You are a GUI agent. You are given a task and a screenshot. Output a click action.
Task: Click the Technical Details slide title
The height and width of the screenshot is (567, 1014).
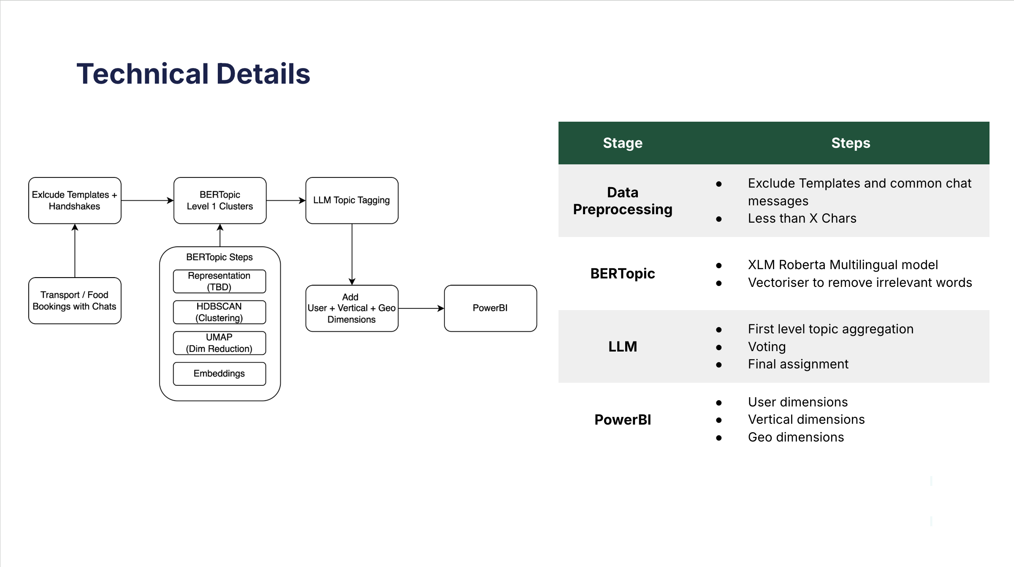(x=193, y=74)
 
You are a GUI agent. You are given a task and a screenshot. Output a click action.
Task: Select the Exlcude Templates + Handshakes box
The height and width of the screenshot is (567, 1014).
(x=75, y=200)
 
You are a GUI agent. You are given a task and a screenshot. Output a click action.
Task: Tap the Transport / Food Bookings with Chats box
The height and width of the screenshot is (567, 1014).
(x=75, y=300)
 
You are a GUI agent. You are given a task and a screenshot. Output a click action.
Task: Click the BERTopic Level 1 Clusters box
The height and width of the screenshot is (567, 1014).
(x=220, y=200)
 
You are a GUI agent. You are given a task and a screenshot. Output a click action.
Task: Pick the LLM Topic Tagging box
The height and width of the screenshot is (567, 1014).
(x=352, y=200)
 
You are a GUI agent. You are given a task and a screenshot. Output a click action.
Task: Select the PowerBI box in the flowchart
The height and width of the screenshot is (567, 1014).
(x=490, y=308)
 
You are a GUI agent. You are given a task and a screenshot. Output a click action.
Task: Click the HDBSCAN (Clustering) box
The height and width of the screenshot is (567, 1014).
(x=219, y=312)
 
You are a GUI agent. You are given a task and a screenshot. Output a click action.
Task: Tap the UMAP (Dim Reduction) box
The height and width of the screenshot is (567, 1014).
(x=219, y=343)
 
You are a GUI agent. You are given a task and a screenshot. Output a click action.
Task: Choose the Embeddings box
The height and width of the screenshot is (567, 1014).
(x=219, y=373)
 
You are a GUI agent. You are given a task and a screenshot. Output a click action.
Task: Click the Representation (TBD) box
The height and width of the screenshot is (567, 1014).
(x=219, y=281)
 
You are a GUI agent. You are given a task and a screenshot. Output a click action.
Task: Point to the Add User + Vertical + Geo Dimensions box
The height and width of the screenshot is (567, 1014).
(x=352, y=308)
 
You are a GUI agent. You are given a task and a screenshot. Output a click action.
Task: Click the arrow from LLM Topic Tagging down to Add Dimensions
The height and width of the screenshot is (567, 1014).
(x=352, y=254)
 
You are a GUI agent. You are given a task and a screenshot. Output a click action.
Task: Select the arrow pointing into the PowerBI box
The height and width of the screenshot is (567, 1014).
(x=421, y=308)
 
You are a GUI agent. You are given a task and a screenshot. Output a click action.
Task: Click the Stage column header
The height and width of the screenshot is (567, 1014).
(x=622, y=143)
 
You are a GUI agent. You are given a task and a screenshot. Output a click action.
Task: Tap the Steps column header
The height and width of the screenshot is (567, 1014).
(x=850, y=143)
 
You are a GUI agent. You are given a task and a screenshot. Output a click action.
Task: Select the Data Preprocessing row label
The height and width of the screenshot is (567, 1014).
(x=622, y=201)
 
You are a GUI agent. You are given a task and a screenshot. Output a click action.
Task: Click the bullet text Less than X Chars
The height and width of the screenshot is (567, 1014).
(x=802, y=218)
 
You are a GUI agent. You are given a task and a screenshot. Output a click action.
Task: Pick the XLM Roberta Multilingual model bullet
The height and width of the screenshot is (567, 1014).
(x=843, y=264)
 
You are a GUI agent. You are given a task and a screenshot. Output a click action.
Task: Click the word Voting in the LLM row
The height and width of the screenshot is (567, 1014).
(x=767, y=346)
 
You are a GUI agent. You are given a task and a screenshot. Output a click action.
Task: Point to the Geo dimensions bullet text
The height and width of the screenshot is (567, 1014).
(x=796, y=437)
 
